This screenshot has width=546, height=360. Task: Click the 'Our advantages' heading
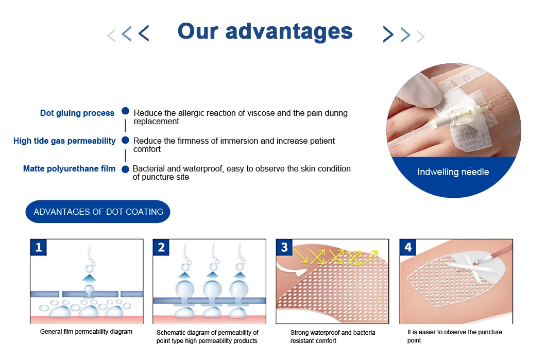(265, 32)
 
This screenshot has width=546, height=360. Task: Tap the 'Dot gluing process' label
(77, 113)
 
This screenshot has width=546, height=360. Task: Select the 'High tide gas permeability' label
(64, 141)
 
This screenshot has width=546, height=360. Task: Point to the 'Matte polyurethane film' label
(69, 169)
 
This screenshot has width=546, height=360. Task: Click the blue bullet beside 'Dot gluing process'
(125, 111)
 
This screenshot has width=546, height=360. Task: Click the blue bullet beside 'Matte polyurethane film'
(125, 169)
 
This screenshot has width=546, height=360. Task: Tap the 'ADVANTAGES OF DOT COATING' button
(98, 212)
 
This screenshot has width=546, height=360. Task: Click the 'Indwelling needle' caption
(453, 172)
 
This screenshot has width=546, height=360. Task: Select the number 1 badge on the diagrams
(38, 247)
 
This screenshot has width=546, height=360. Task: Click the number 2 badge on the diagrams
(161, 247)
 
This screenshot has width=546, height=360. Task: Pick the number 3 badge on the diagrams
(284, 247)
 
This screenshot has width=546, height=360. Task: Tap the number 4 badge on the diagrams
(408, 247)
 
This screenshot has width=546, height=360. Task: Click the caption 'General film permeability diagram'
(86, 332)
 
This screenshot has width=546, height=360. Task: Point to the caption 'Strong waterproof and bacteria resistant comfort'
(333, 337)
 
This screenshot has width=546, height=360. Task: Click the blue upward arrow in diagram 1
(90, 278)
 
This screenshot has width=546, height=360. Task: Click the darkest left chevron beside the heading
(144, 33)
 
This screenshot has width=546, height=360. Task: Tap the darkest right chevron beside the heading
(388, 34)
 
